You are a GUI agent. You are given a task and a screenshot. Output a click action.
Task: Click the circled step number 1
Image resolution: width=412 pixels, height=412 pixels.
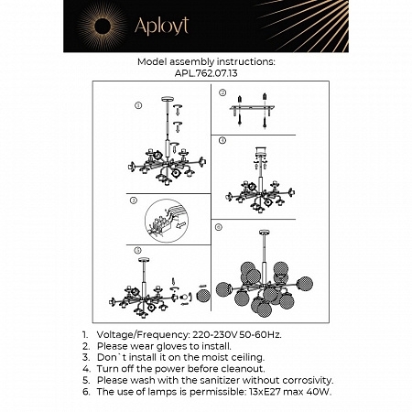pos(137,105)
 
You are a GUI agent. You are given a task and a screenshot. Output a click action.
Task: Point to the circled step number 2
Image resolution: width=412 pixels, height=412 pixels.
pos(222,92)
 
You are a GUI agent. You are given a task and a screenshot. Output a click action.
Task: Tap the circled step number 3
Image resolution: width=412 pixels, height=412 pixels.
pos(134,200)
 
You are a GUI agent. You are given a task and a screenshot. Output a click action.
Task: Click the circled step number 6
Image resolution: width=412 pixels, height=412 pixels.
pos(219,225)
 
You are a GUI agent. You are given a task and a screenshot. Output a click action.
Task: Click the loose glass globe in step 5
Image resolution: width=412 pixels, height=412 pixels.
pos(202,296)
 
